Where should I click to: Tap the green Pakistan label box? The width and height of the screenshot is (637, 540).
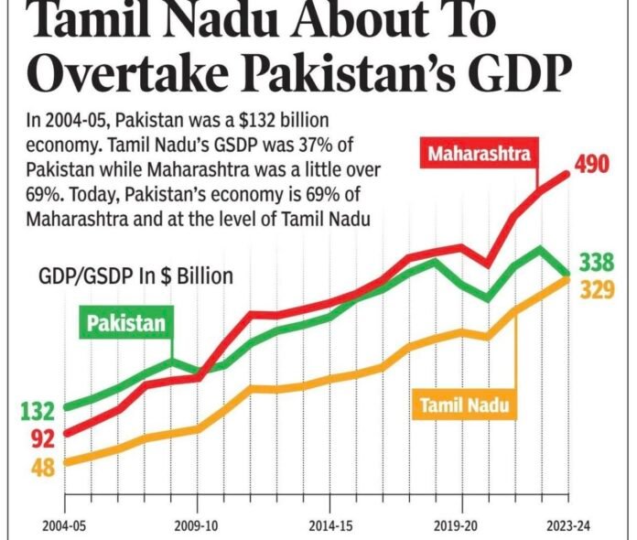pyautogui.click(x=126, y=322)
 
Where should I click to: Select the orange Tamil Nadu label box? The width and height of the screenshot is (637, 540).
pyautogui.click(x=463, y=404)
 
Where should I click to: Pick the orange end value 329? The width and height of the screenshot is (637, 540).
pyautogui.click(x=596, y=290)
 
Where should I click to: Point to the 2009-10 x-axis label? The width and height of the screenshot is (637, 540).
pyautogui.click(x=197, y=528)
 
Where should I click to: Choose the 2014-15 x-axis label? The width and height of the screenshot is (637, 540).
pyautogui.click(x=329, y=528)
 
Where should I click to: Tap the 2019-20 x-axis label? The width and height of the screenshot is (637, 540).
pyautogui.click(x=461, y=528)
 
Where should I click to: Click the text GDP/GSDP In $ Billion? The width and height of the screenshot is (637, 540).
pyautogui.click(x=135, y=275)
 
